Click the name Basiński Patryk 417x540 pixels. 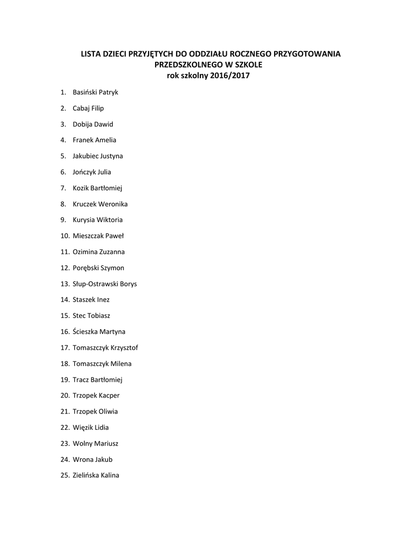(95, 92)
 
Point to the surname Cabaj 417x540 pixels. (81, 108)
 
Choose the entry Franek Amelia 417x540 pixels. (94, 140)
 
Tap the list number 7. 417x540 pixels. (63, 188)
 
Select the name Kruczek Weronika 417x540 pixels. (100, 204)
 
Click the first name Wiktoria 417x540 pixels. (110, 220)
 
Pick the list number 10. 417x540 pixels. (64, 236)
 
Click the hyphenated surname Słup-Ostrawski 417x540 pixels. (95, 284)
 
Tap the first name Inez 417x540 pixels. (103, 300)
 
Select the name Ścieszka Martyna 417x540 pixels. (99, 332)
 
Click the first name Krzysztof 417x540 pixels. (125, 348)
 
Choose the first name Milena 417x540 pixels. (121, 363)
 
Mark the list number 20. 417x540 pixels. (64, 396)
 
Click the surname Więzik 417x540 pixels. (83, 427)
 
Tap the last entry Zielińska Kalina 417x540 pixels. (96, 475)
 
